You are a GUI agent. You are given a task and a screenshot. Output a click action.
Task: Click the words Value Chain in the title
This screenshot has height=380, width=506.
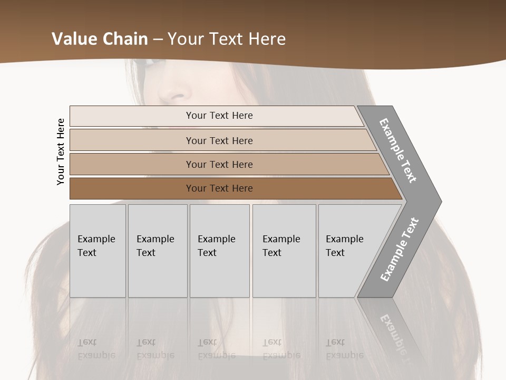(x=100, y=39)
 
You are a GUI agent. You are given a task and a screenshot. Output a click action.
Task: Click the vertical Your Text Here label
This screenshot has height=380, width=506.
(x=61, y=151)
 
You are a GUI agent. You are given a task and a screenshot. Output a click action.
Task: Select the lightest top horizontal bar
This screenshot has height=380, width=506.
(x=219, y=116)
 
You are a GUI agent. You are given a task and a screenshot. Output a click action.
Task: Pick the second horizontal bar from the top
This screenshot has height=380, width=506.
(x=219, y=140)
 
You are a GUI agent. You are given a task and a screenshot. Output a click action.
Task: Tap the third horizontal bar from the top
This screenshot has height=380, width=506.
(x=219, y=164)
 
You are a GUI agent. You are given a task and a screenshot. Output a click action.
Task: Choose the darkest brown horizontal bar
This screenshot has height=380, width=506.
(x=219, y=188)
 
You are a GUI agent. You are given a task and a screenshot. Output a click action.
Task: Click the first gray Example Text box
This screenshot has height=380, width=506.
(x=98, y=251)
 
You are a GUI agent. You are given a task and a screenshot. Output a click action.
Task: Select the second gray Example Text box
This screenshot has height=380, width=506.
(x=157, y=251)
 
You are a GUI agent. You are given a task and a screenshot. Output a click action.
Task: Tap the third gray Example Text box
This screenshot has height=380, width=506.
(x=219, y=251)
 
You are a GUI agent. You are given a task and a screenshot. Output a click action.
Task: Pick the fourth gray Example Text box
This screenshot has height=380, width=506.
(x=284, y=251)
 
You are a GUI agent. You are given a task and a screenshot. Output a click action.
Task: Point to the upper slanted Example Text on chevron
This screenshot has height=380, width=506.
(x=398, y=150)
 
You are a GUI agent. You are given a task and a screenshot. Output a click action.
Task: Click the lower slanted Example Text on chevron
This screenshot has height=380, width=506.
(x=399, y=250)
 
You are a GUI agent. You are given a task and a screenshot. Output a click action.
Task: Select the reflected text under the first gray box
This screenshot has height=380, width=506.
(x=95, y=348)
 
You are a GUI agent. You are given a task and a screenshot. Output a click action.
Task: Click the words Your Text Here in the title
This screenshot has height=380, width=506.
(x=227, y=39)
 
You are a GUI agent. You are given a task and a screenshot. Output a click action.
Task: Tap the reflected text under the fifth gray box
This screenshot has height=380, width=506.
(x=344, y=348)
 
